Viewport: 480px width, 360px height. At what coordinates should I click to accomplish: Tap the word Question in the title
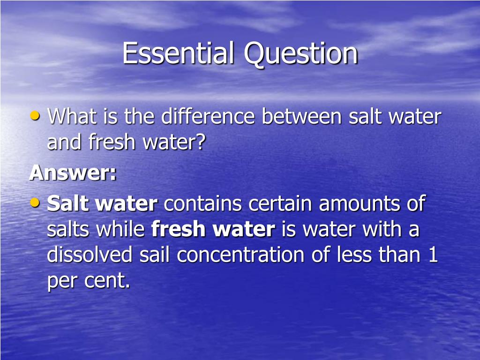301,54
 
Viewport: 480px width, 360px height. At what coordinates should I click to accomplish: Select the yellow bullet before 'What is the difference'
35,116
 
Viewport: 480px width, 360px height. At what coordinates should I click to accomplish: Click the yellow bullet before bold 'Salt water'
35,202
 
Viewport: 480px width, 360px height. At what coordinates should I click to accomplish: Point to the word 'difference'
208,116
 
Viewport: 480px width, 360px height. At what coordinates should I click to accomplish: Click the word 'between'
301,116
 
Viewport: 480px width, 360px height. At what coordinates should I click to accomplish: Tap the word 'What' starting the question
72,116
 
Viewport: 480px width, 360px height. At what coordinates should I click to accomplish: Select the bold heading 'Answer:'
73,172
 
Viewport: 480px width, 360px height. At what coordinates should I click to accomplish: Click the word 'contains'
202,203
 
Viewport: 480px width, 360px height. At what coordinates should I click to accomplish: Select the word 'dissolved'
90,254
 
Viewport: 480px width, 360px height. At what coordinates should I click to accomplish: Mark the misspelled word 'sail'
154,254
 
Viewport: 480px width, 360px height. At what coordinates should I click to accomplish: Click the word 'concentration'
240,255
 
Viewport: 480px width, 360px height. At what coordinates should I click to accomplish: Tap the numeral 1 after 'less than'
433,255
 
